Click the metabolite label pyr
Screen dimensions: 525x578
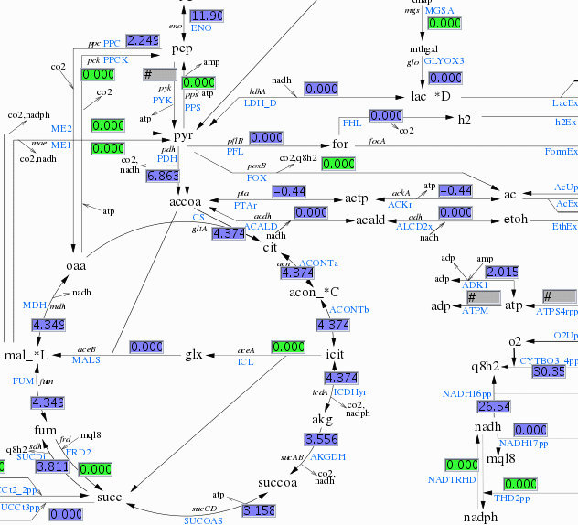[x=184, y=134]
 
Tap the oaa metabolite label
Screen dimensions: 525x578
[x=75, y=265]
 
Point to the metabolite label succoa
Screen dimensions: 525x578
[x=278, y=482]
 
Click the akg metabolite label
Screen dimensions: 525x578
[x=322, y=419]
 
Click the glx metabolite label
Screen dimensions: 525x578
[x=194, y=354]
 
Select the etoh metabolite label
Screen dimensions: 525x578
[x=517, y=220]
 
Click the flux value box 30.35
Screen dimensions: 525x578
[x=548, y=371]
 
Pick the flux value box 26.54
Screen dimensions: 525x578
[x=494, y=405]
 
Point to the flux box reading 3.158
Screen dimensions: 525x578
[x=260, y=509]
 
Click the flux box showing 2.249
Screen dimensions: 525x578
[x=143, y=40]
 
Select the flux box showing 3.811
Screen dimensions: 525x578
[x=52, y=466]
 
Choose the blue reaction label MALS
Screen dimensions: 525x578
[x=85, y=360]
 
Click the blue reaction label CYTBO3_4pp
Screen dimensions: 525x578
[x=549, y=360]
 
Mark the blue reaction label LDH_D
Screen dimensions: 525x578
[x=260, y=102]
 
